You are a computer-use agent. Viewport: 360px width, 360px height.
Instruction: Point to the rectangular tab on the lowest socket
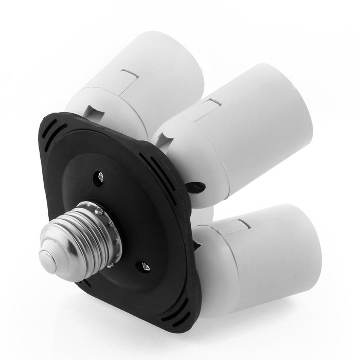[x=242, y=225]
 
